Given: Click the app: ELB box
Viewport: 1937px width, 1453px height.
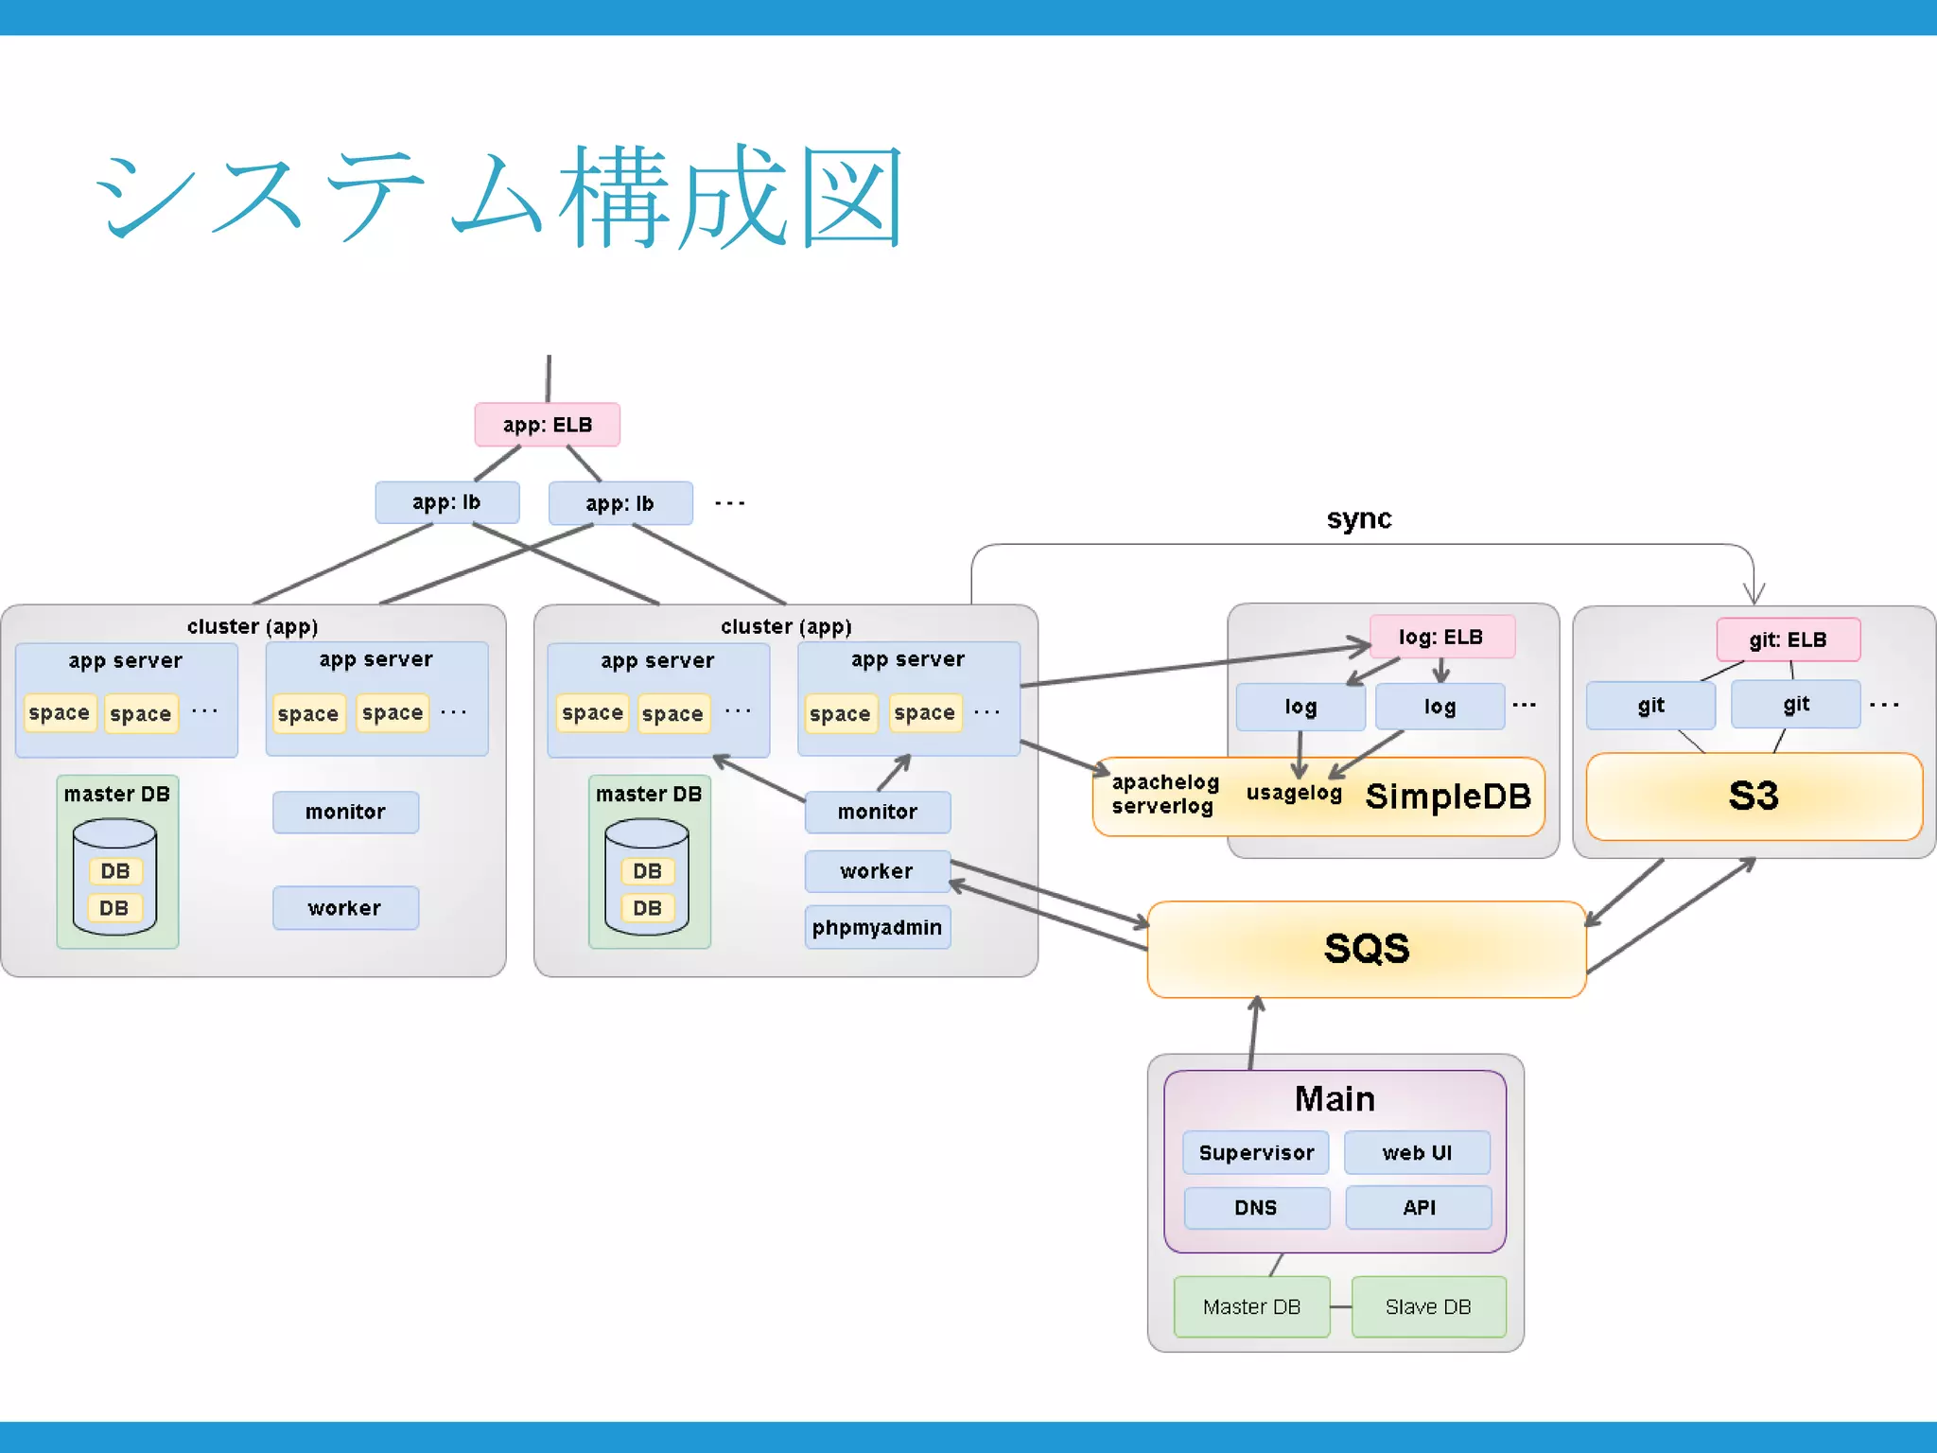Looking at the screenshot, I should click(547, 425).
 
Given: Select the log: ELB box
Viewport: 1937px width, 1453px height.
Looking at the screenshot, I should click(1441, 637).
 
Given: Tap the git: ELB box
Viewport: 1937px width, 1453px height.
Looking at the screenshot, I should click(1788, 639).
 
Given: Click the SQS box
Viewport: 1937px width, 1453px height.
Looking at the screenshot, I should click(1366, 949).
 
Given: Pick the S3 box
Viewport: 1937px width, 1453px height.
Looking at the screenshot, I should click(1754, 797).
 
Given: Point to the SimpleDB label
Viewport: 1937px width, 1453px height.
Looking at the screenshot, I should click(1447, 797).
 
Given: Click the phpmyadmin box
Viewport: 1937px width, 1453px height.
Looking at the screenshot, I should click(877, 927).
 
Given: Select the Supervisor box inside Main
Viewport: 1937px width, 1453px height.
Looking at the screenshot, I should click(1256, 1152).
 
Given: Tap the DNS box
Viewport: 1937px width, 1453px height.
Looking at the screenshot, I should click(1256, 1208).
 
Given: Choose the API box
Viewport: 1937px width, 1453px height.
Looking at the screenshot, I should click(1419, 1208).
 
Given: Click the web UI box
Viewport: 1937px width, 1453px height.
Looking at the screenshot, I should click(1417, 1152).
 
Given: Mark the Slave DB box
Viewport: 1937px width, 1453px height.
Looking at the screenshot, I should click(1428, 1306).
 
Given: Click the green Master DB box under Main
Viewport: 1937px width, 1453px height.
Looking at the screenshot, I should click(1251, 1306).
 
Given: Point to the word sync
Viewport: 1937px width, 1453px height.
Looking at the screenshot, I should click(1358, 518).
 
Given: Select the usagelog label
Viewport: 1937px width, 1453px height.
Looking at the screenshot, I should click(1294, 793).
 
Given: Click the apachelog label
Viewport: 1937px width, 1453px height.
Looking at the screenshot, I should click(1165, 782).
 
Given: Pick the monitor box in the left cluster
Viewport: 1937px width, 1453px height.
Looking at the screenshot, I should click(345, 812).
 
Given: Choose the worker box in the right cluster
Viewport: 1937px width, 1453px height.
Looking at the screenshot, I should click(877, 871).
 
